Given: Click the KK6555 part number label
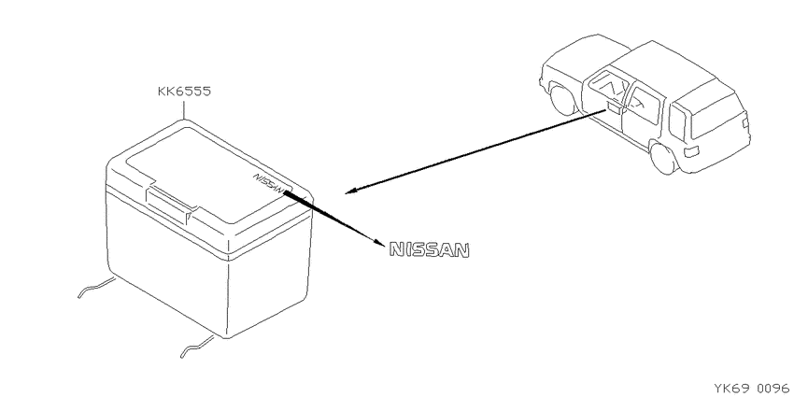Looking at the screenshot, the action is click(x=184, y=92).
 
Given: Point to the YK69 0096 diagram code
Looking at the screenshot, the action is click(x=751, y=389).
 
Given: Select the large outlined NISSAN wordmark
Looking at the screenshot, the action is click(x=430, y=250).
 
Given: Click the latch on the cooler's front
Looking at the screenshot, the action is click(x=170, y=202).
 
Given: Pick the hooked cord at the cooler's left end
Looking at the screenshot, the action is click(x=95, y=287).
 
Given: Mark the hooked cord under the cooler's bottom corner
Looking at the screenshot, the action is click(x=198, y=347).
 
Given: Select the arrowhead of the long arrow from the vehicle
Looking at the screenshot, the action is click(x=352, y=191).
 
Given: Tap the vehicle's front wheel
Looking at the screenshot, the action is click(x=562, y=99).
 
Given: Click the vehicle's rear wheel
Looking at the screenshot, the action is click(x=664, y=158).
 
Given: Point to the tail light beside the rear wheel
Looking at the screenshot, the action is click(x=691, y=151).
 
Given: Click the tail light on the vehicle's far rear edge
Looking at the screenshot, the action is click(x=745, y=123).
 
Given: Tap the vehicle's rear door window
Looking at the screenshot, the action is click(x=645, y=105).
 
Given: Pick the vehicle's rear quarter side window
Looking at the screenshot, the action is click(x=677, y=122).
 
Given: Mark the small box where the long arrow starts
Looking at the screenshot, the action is click(x=615, y=106).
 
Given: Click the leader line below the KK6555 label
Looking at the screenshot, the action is click(x=183, y=110).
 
